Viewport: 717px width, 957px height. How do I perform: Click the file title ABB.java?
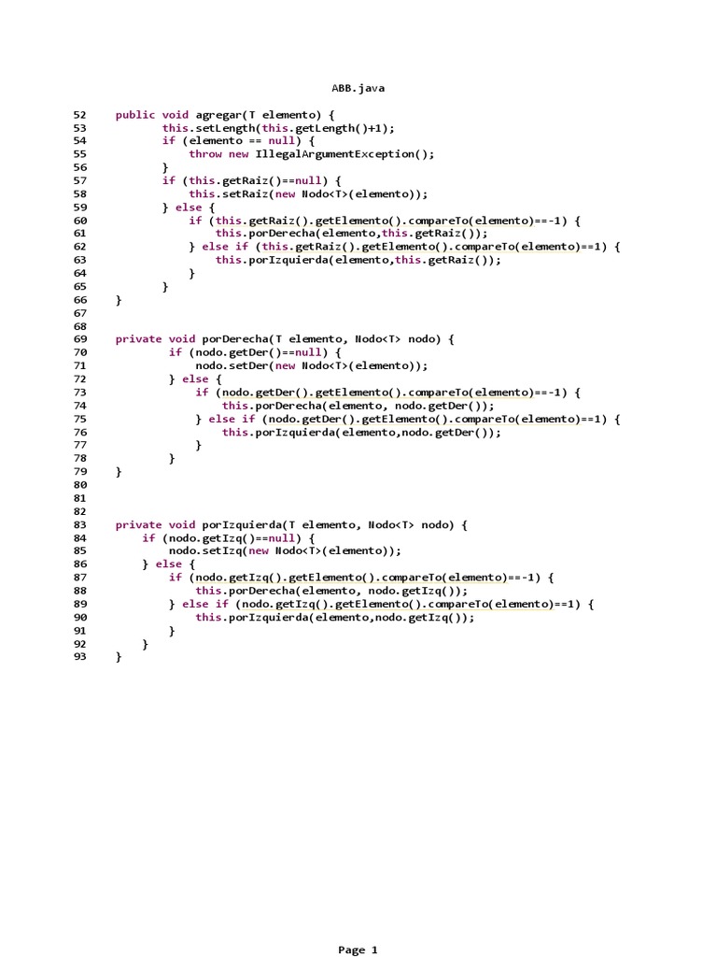point(358,88)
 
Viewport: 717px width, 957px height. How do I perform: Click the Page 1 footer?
point(358,950)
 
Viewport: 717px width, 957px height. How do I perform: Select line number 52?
point(79,115)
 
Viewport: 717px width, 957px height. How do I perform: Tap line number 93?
point(79,657)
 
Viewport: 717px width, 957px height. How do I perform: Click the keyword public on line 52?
point(135,115)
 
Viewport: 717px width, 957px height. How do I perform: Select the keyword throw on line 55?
point(205,154)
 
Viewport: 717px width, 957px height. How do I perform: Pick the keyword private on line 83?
point(138,525)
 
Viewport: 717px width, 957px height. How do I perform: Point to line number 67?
point(79,313)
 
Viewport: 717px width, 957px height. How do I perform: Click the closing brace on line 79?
point(119,472)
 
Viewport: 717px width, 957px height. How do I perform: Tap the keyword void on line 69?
point(182,339)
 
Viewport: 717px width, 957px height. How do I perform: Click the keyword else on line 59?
point(189,207)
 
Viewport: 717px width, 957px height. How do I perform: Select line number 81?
point(79,498)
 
